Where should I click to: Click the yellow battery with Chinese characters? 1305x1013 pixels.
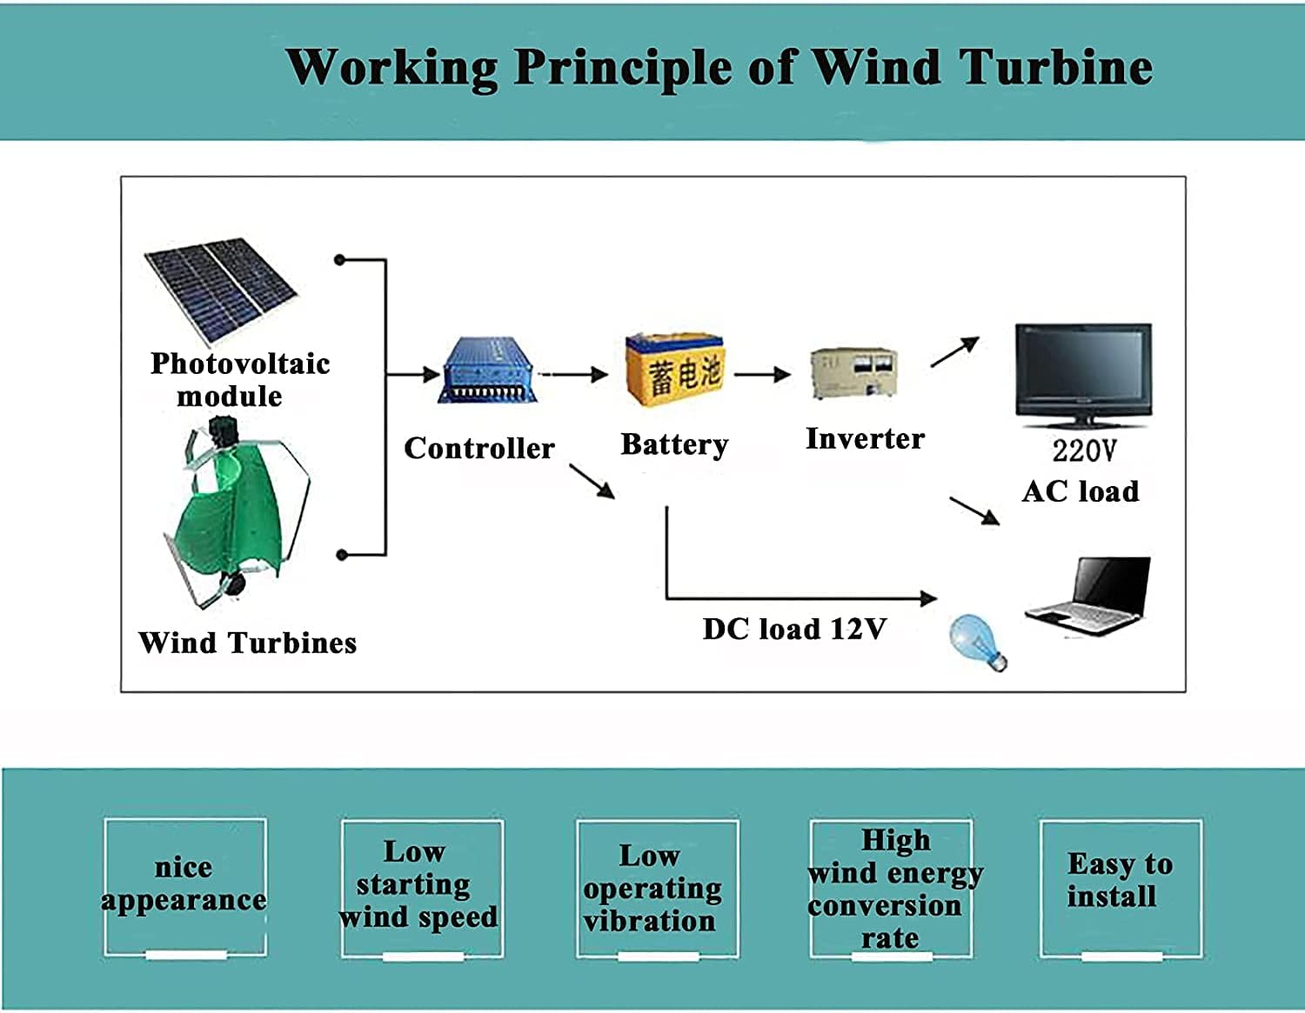pyautogui.click(x=674, y=370)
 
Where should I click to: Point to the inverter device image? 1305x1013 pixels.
pyautogui.click(x=853, y=372)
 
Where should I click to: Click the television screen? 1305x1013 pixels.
pyautogui.click(x=1083, y=372)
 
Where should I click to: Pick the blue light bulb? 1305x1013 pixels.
pyautogui.click(x=977, y=641)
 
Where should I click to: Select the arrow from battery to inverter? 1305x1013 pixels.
pyautogui.click(x=762, y=375)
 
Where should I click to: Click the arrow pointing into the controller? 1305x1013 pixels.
pyautogui.click(x=413, y=375)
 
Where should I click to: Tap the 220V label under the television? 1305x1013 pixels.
pyautogui.click(x=1083, y=450)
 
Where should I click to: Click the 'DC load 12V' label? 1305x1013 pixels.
pyautogui.click(x=794, y=629)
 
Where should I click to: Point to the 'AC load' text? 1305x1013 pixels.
pyautogui.click(x=1081, y=491)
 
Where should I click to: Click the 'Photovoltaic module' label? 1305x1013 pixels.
pyautogui.click(x=240, y=379)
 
